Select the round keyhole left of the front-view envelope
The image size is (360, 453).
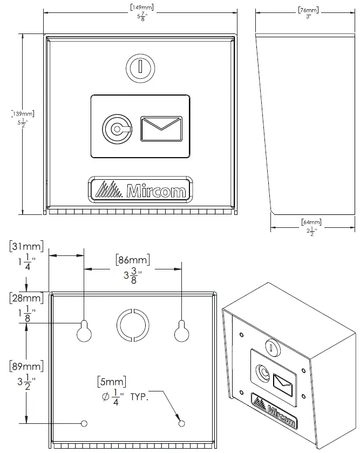tap(115, 129)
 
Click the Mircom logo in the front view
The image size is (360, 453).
tap(140, 190)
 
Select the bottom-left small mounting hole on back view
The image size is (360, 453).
tap(84, 423)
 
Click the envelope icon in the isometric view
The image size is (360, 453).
tap(283, 382)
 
